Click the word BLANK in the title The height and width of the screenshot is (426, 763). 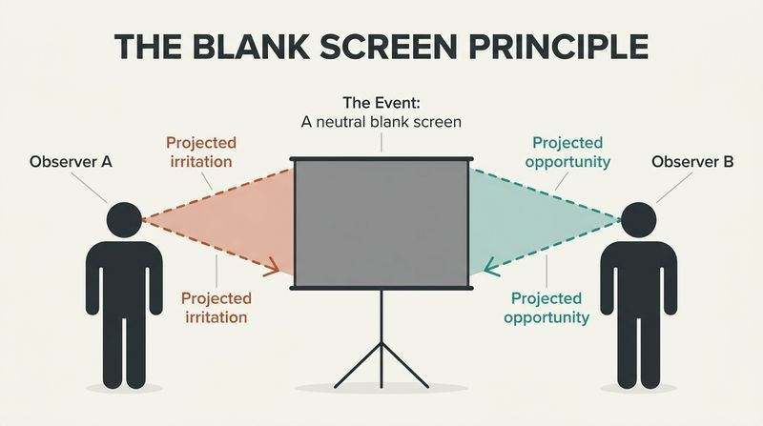coord(250,46)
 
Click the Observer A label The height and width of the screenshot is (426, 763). coord(71,161)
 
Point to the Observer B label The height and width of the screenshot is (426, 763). coord(692,161)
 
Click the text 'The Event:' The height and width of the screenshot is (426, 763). coord(381,103)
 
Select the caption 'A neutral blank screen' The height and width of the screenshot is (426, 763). coord(381,122)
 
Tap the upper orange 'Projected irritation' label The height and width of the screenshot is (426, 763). coord(201,152)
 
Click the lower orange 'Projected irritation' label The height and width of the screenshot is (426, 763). coord(217,308)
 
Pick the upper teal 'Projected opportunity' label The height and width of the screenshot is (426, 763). coord(567,152)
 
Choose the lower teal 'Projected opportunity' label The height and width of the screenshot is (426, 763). coord(546,308)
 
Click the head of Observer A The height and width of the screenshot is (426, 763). coord(124,220)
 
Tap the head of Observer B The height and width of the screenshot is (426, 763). coord(638,220)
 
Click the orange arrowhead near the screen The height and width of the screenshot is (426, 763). coord(272,268)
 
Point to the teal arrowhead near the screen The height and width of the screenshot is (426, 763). coord(491,268)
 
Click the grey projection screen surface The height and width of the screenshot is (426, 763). coord(381,224)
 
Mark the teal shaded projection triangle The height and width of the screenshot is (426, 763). coord(530,221)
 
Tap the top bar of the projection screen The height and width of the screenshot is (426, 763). coord(381,159)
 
